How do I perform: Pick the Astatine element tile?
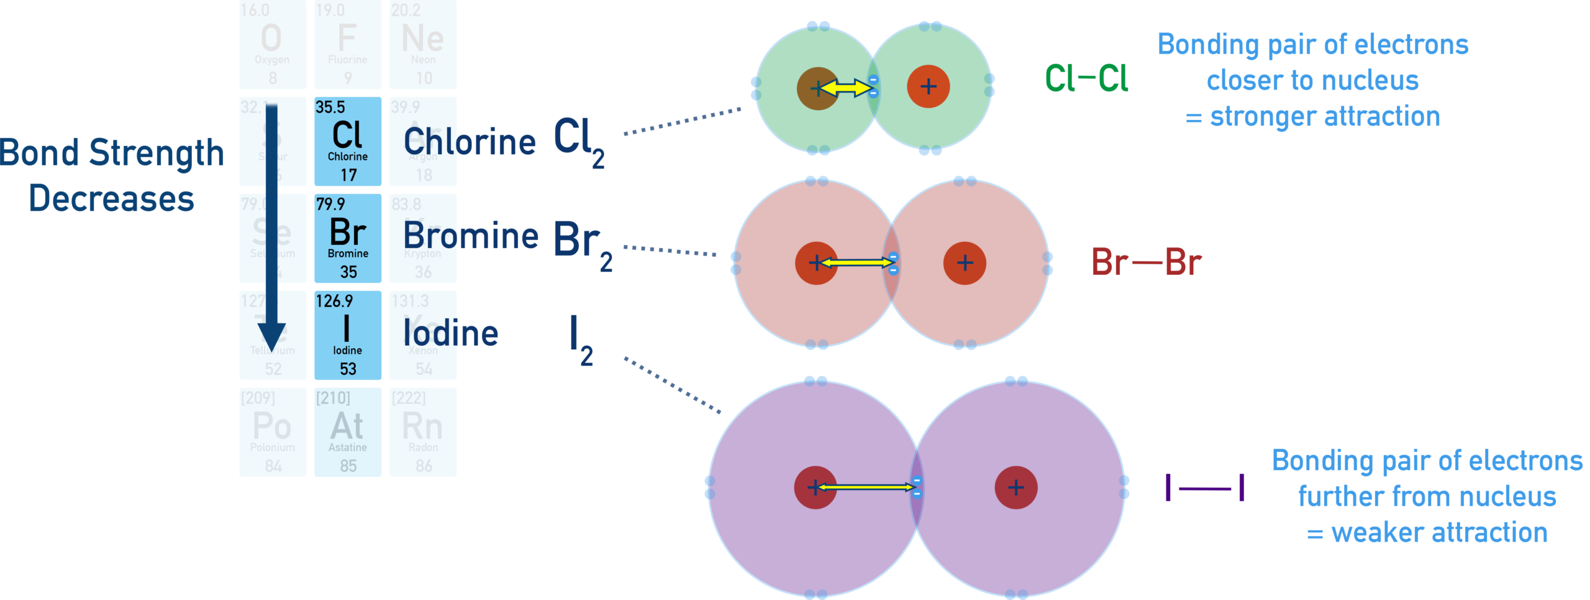(x=347, y=433)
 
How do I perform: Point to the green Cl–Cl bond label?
(x=1086, y=79)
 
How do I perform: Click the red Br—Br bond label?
(x=1146, y=262)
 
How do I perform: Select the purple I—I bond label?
(x=1205, y=488)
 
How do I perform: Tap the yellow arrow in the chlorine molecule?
(x=845, y=88)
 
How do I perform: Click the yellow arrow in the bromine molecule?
(x=856, y=263)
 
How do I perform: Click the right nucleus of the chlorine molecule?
(x=928, y=86)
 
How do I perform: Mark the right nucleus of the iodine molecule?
(x=1015, y=487)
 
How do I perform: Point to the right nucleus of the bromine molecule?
(x=965, y=263)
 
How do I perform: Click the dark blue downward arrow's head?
(x=271, y=339)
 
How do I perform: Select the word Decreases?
(x=112, y=200)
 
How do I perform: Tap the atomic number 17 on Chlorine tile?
(x=348, y=175)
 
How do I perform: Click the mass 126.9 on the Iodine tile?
(x=334, y=302)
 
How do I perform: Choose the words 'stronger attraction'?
(x=1324, y=117)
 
